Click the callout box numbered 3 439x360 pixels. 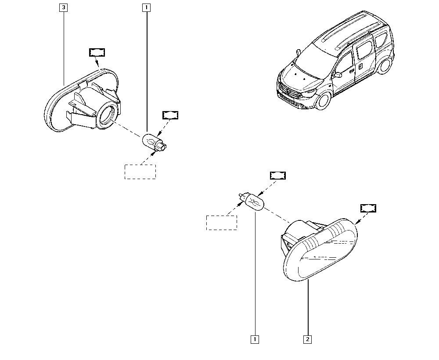click(64, 7)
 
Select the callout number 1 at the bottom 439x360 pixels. click(254, 339)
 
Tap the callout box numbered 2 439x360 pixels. click(307, 339)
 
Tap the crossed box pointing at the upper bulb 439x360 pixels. click(170, 115)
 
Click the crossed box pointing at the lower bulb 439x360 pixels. click(277, 176)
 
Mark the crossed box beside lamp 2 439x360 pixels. click(368, 208)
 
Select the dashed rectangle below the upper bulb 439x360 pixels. click(140, 171)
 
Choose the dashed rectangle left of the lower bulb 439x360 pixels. click(222, 223)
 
